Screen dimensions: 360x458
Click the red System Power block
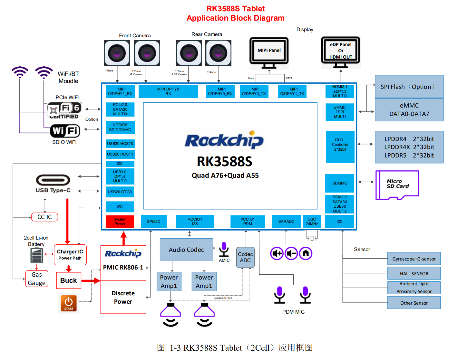click(x=120, y=222)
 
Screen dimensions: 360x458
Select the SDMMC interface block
click(x=340, y=183)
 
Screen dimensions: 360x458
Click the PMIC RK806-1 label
click(x=123, y=268)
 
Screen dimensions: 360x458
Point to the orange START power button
click(x=69, y=303)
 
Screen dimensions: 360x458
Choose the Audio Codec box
click(x=186, y=250)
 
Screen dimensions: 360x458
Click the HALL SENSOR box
click(x=414, y=273)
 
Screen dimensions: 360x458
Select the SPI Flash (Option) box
click(x=409, y=87)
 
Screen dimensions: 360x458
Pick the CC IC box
click(x=44, y=217)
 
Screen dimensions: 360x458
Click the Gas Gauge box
click(x=37, y=279)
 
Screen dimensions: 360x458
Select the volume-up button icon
click(x=277, y=253)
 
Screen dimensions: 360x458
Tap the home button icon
click(x=306, y=253)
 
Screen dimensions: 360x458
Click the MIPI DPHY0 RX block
click(x=168, y=91)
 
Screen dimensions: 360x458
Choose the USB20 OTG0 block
click(x=120, y=192)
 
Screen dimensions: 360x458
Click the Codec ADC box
click(x=245, y=257)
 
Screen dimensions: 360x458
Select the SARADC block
click(x=286, y=222)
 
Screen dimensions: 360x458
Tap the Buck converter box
click(x=69, y=280)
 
